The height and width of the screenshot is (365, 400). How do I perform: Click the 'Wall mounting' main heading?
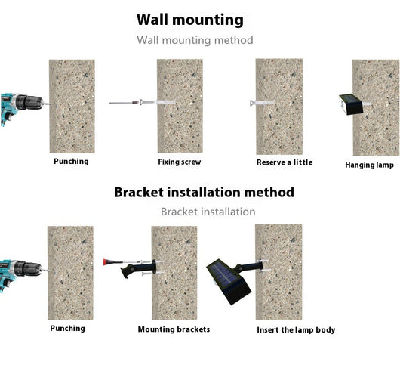pyautogui.click(x=190, y=20)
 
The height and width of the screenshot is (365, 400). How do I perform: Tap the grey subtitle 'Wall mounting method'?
pyautogui.click(x=195, y=40)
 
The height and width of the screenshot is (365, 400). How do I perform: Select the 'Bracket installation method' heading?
pyautogui.click(x=204, y=192)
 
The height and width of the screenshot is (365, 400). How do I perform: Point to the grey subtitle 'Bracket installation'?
pyautogui.click(x=208, y=212)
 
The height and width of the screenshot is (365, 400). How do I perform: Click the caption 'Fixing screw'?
pyautogui.click(x=180, y=162)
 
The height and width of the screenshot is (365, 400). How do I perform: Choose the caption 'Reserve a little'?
pyautogui.click(x=285, y=162)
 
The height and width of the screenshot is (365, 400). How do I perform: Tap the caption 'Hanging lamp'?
pyautogui.click(x=369, y=165)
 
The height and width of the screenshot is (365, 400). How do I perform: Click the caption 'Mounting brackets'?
pyautogui.click(x=174, y=329)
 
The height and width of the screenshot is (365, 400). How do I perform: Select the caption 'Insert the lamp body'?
pyautogui.click(x=296, y=330)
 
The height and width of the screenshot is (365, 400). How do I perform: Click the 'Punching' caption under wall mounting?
pyautogui.click(x=71, y=162)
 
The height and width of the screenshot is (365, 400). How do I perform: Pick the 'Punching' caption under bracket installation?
pyautogui.click(x=68, y=329)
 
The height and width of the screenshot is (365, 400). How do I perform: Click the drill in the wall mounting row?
pyautogui.click(x=23, y=107)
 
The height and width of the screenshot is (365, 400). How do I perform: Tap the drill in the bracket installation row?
pyautogui.click(x=22, y=274)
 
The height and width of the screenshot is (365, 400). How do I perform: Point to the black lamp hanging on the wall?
pyautogui.click(x=351, y=104)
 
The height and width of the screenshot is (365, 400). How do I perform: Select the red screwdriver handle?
pyautogui.click(x=109, y=262)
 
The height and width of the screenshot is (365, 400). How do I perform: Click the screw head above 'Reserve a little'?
pyautogui.click(x=252, y=103)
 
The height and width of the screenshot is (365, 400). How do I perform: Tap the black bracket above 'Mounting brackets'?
pyautogui.click(x=139, y=269)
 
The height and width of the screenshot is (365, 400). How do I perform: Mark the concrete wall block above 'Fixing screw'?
pyautogui.click(x=180, y=106)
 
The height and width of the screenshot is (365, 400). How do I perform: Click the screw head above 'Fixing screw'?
pyautogui.click(x=142, y=102)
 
